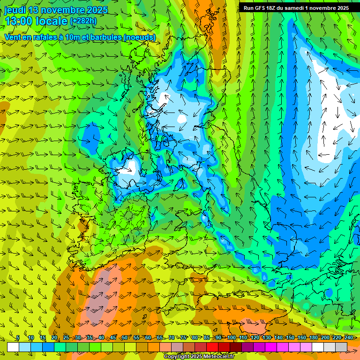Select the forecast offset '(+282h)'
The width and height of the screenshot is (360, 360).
click(83, 21)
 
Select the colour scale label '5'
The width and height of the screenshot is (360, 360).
click(17, 338)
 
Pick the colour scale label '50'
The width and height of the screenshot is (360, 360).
click(125, 338)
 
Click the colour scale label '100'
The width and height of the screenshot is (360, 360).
click(232, 338)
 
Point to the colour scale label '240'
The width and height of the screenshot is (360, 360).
click(349, 338)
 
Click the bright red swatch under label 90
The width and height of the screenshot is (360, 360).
click(212, 347)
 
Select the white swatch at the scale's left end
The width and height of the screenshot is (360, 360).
click(13, 347)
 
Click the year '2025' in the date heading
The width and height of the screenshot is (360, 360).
click(95, 10)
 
